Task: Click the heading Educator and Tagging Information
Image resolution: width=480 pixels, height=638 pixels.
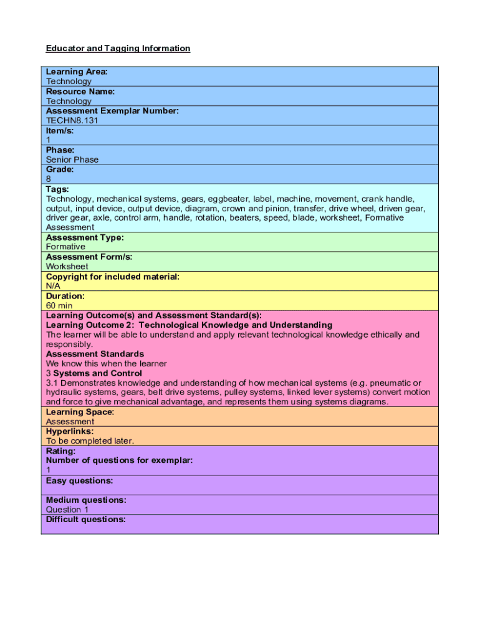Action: click(118, 49)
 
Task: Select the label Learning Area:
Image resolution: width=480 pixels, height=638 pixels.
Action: click(77, 72)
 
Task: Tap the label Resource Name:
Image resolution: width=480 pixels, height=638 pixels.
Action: click(80, 91)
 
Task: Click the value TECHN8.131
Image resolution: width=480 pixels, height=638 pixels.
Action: click(72, 120)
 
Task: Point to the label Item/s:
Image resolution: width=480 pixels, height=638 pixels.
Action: click(60, 130)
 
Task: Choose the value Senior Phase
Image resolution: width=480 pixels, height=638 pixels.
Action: click(72, 159)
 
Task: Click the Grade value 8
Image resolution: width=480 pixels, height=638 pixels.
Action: click(49, 179)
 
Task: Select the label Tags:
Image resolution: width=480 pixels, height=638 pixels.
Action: click(57, 189)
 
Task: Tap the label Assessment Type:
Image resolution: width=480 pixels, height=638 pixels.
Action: click(85, 237)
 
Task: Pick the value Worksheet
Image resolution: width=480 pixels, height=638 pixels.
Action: click(67, 267)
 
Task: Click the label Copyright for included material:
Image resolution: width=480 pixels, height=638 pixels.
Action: click(113, 276)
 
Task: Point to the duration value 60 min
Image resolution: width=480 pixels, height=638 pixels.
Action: click(59, 306)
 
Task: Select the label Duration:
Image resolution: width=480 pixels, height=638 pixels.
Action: click(65, 296)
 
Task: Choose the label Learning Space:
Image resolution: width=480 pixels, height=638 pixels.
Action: click(80, 412)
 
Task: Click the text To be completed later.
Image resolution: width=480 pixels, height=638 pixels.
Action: click(90, 441)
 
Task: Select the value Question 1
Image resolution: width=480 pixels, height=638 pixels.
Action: click(67, 510)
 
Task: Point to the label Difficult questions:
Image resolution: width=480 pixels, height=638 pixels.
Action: click(86, 519)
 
